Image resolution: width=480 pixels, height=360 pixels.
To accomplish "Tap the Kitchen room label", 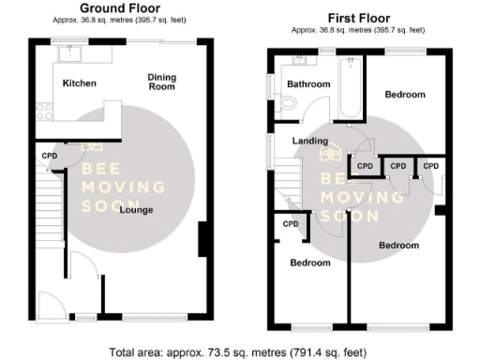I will [x=80, y=83].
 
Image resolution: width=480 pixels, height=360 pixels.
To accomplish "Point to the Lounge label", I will [x=137, y=209].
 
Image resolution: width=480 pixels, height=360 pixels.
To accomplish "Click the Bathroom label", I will [x=308, y=84].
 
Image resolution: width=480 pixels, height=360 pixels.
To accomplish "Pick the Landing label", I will [x=309, y=142].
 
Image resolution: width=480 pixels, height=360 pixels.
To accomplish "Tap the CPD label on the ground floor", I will [x=49, y=157].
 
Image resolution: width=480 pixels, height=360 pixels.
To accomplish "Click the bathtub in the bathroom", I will [x=351, y=88].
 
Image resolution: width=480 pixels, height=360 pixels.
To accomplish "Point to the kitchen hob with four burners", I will [x=44, y=112].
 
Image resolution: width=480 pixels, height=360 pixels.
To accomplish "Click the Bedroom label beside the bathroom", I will [x=405, y=95].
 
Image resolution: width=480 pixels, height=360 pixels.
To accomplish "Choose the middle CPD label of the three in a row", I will [x=397, y=166].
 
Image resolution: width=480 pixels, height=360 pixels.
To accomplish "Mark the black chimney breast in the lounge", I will [x=202, y=239].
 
